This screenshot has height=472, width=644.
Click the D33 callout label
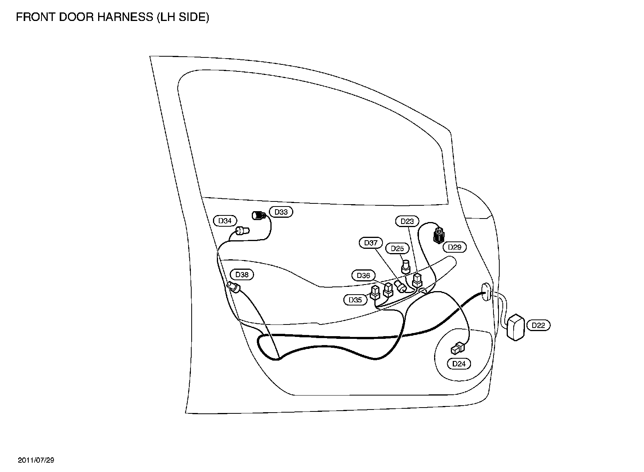[281, 212]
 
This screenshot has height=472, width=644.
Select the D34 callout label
[225, 221]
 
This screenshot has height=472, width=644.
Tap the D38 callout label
[242, 275]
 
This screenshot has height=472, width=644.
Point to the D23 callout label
[407, 221]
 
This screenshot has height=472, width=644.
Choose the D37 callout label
[371, 243]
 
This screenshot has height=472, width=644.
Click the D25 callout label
[397, 248]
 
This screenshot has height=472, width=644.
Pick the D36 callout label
[364, 276]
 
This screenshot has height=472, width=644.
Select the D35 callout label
[355, 300]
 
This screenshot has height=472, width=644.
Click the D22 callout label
[538, 325]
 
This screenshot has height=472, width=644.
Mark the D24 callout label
[459, 364]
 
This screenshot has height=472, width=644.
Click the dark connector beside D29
[438, 235]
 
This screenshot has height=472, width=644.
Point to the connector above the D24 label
[457, 348]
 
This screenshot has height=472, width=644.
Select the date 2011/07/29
[36, 460]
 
